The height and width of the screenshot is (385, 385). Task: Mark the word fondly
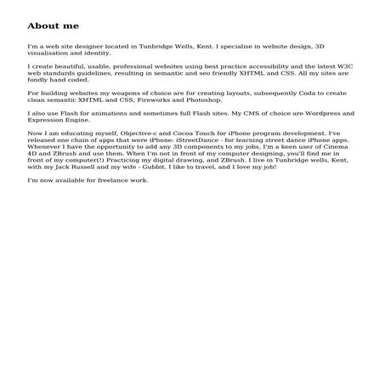coord(39,82)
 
